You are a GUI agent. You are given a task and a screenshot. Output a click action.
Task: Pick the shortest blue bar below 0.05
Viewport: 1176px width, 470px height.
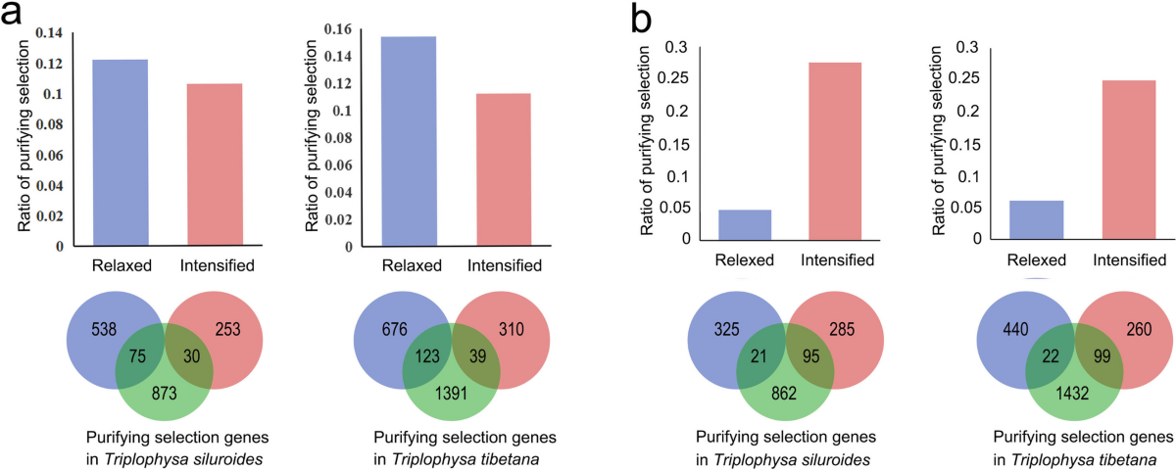coord(745,224)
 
